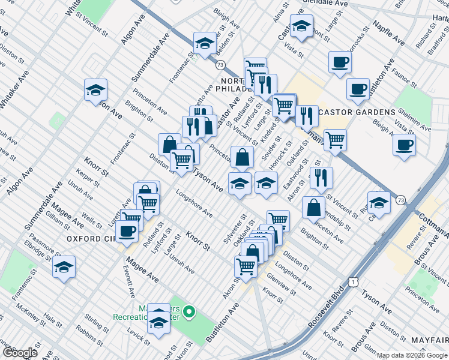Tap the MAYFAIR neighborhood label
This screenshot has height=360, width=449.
pyautogui.click(x=429, y=340)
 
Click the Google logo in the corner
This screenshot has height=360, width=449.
pyautogui.click(x=20, y=353)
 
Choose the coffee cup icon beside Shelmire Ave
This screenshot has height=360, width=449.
pyautogui.click(x=404, y=145)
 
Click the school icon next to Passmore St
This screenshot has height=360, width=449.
pyautogui.click(x=64, y=268)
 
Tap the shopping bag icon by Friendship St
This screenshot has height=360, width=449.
pyautogui.click(x=313, y=207)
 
